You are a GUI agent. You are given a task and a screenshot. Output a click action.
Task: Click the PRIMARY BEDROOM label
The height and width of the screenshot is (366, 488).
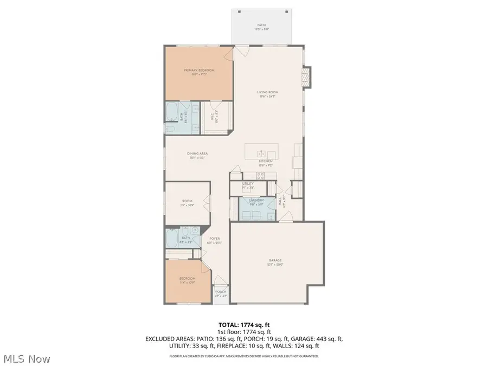(x=199, y=70)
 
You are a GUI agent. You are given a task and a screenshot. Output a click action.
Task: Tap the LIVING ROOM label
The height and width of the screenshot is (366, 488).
(x=267, y=92)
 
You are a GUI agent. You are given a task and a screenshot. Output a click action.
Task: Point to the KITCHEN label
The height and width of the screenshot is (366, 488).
(x=265, y=162)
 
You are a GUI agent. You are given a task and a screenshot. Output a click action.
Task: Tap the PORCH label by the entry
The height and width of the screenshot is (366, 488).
(x=221, y=292)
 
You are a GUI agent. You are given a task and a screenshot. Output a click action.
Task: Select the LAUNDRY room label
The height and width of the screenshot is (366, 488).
(x=256, y=201)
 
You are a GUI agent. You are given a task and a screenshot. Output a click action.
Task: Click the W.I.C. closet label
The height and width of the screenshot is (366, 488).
(x=212, y=116)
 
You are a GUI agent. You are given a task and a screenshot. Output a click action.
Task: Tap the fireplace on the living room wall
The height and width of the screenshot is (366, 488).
(x=307, y=76)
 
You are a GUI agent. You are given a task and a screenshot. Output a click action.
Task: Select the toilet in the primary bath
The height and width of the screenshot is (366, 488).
(x=170, y=129)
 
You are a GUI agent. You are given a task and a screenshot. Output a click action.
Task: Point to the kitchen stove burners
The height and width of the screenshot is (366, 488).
(x=260, y=175)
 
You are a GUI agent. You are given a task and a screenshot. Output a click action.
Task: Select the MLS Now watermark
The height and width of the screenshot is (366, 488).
(x=27, y=359)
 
